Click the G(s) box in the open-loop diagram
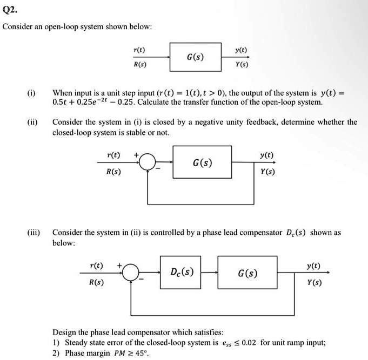click(195, 57)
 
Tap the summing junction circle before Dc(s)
click(130, 274)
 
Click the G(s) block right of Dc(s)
click(247, 274)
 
